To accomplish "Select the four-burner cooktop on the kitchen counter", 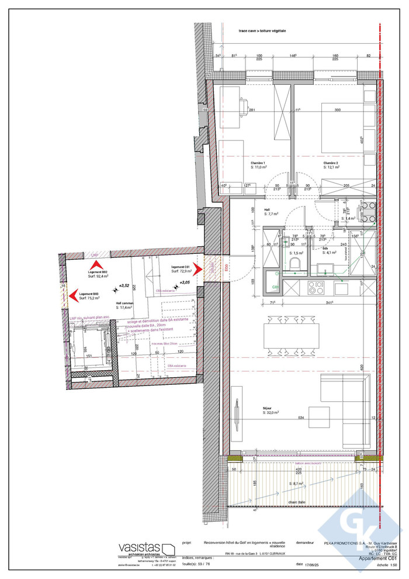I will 316,288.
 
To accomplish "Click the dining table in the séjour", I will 288,336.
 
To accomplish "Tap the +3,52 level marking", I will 123,286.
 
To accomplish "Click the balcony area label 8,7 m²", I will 299,484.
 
